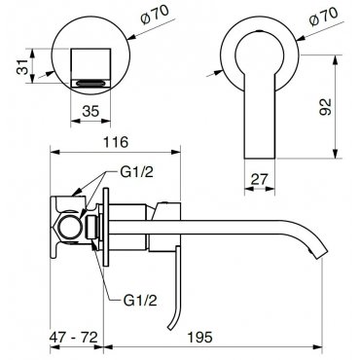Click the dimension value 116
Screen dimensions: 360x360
coord(116,142)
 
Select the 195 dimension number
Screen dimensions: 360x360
coord(199,338)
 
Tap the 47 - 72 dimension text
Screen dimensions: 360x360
coord(74,338)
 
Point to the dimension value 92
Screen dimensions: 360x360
coord(325,107)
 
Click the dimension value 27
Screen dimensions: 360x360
coord(259,179)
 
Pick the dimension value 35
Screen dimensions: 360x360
coord(90,111)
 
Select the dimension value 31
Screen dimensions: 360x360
coord(22,66)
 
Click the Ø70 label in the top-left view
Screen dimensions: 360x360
coord(155,15)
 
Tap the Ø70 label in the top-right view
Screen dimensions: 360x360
coord(323,16)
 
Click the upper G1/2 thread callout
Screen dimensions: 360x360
coord(136,172)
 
